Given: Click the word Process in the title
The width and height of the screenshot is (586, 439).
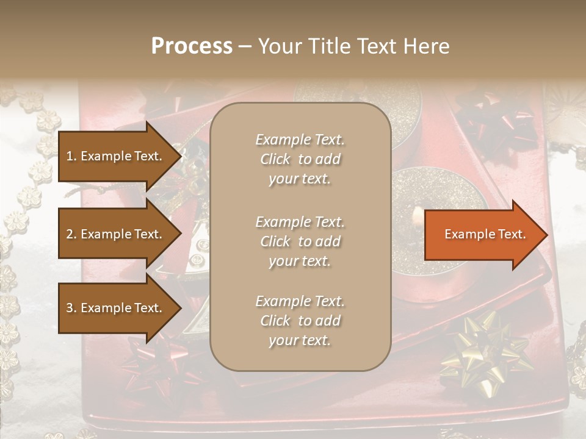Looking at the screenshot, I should [192, 46].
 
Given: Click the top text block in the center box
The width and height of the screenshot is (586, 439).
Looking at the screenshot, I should [300, 159].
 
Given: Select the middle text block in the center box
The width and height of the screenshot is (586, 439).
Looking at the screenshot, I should [300, 241].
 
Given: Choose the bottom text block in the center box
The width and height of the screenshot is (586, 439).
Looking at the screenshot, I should [300, 321].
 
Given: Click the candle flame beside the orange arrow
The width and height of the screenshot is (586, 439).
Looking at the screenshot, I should [416, 216].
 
